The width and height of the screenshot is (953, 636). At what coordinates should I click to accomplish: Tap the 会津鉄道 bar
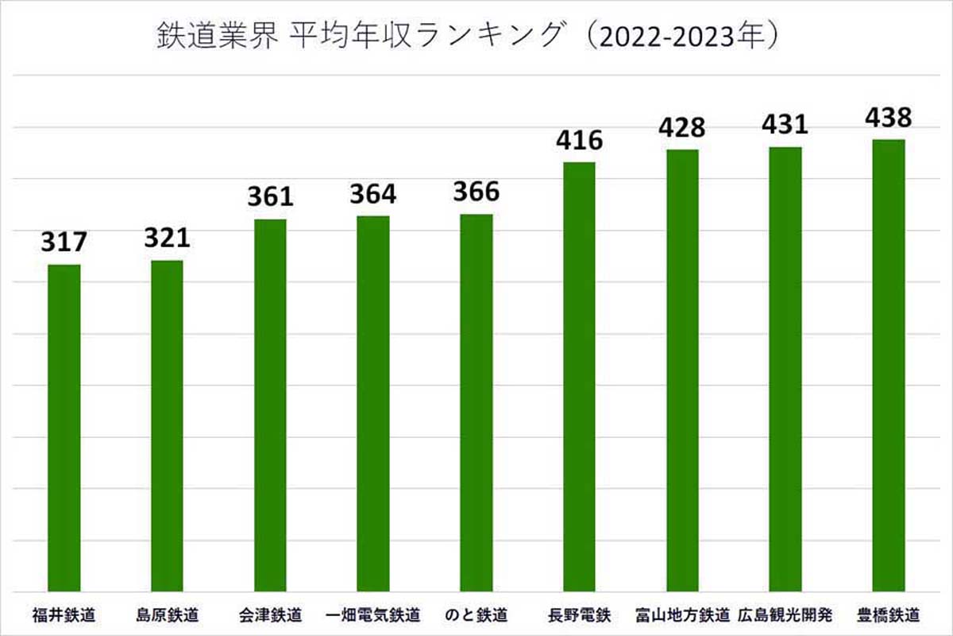point(270,405)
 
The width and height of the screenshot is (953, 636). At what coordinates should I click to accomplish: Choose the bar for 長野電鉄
point(579,377)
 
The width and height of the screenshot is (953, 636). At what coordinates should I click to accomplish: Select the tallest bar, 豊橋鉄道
point(888,366)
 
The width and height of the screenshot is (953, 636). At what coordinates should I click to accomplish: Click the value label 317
point(64,241)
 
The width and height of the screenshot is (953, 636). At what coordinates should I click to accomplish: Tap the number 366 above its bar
point(476,192)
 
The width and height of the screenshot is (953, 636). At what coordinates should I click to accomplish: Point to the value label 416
point(579,140)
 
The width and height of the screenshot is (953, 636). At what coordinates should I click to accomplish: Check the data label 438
point(888,118)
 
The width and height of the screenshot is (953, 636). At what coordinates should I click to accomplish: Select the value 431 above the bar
point(785,125)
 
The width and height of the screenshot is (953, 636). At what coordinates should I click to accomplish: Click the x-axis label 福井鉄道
point(64,615)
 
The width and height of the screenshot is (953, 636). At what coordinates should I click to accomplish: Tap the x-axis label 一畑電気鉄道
point(372,615)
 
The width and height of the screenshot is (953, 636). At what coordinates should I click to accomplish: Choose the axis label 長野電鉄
point(579,615)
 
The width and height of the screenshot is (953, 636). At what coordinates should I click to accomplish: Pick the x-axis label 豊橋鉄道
point(888,615)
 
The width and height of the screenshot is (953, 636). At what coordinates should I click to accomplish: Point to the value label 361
point(270,196)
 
